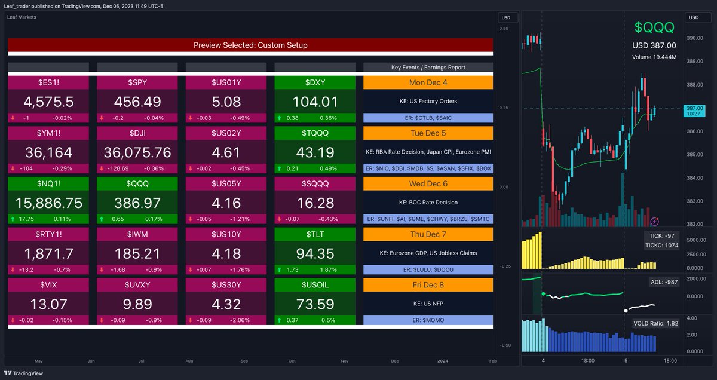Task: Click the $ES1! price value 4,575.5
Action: [x=48, y=102]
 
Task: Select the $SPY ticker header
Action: [x=137, y=82]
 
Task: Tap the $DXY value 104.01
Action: [x=315, y=102]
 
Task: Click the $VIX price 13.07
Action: [x=48, y=305]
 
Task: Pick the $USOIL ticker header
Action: [x=315, y=285]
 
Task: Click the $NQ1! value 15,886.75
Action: [x=48, y=203]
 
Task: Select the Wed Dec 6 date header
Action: [x=428, y=183]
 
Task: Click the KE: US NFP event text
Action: [x=428, y=304]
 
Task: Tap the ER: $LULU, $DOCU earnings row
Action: [x=428, y=269]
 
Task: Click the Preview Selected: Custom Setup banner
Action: [x=250, y=45]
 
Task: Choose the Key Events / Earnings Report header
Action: [x=428, y=68]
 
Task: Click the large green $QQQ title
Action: [x=654, y=27]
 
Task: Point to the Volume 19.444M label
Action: [x=654, y=57]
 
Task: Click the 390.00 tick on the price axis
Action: [x=694, y=38]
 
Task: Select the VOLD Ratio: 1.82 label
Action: [x=655, y=323]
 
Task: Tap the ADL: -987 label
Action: [x=663, y=281]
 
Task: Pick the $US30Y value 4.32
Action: [x=226, y=305]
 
